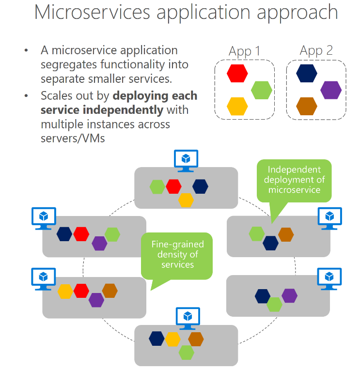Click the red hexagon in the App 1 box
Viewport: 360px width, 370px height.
237,73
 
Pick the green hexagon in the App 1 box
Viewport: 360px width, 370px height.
262,90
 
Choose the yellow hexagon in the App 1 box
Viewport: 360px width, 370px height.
237,106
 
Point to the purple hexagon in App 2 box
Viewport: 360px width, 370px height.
331,90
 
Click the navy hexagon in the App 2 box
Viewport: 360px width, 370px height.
307,73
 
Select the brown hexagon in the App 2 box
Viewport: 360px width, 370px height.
307,106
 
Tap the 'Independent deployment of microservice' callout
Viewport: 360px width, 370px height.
294,180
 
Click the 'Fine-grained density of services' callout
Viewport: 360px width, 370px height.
177,255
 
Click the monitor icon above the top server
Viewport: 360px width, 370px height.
186,160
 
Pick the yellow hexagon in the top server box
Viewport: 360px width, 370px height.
186,200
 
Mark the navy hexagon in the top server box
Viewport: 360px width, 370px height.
200,186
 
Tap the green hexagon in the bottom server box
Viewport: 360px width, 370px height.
187,353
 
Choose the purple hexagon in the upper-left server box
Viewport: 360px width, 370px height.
99,243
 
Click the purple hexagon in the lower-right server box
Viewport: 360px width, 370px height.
289,295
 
